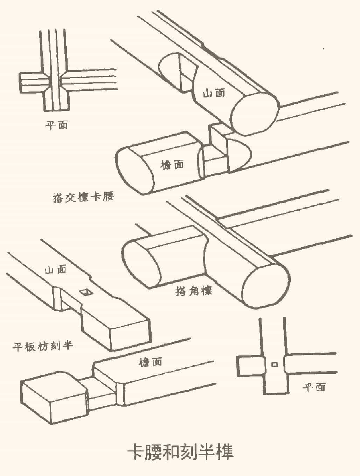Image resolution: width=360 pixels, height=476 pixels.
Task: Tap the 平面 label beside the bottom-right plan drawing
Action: click(x=314, y=387)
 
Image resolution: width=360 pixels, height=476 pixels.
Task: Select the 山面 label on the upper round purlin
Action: click(x=214, y=93)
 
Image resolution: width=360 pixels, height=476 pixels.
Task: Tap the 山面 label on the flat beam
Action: click(x=55, y=269)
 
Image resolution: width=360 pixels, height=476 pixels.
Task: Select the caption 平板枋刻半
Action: click(x=43, y=346)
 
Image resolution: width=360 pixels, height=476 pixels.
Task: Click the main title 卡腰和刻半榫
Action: click(x=180, y=452)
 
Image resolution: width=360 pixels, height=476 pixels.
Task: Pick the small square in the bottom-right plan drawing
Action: click(x=275, y=365)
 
